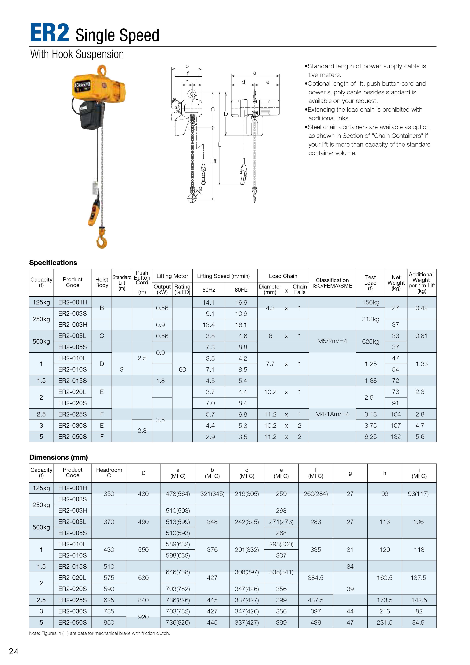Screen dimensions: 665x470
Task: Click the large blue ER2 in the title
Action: pyautogui.click(x=49, y=33)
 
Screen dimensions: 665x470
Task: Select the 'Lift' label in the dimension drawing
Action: pyautogui.click(x=213, y=161)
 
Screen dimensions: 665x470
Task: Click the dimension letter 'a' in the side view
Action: pyautogui.click(x=255, y=73)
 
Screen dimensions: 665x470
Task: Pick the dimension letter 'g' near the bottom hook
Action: pyautogui.click(x=200, y=188)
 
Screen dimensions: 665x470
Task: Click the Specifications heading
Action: pyautogui.click(x=53, y=263)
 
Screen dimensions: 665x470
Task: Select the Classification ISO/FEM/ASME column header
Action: pyautogui.click(x=332, y=283)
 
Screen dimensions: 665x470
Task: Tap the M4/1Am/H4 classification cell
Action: pyautogui.click(x=332, y=414)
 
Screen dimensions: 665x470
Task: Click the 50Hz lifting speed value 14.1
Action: pyautogui.click(x=208, y=302)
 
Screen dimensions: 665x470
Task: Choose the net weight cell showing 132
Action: pyautogui.click(x=396, y=437)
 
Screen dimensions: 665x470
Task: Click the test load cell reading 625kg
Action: pyautogui.click(x=370, y=341)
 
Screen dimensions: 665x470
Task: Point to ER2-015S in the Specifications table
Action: pyautogui.click(x=72, y=381)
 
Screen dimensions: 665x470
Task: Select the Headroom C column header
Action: pyautogui.click(x=109, y=472)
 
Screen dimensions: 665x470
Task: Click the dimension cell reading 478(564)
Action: pyautogui.click(x=178, y=493)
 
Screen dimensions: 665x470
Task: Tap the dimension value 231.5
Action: pyautogui.click(x=385, y=622)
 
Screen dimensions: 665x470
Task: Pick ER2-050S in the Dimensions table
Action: pyautogui.click(x=72, y=622)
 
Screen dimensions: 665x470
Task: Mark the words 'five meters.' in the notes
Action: pyautogui.click(x=325, y=75)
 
